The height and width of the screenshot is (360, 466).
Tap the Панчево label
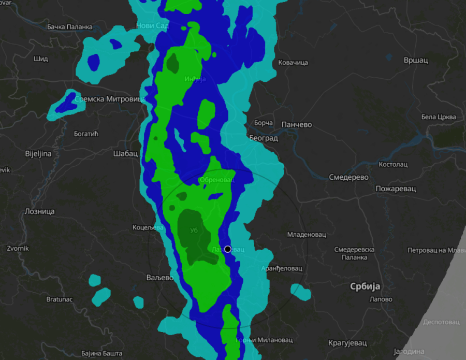pyautogui.click(x=296, y=125)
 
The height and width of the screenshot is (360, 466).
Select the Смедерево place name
pyautogui.click(x=348, y=177)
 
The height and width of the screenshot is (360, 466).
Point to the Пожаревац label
pyautogui.click(x=396, y=189)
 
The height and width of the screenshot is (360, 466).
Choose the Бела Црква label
pyautogui.click(x=439, y=117)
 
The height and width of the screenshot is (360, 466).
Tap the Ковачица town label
pyautogui.click(x=293, y=63)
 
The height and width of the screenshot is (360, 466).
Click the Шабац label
pyautogui.click(x=125, y=153)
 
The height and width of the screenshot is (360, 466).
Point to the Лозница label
pyautogui.click(x=39, y=211)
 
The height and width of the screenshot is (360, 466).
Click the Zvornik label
pyautogui.click(x=18, y=248)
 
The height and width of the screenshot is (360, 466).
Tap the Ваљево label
pyautogui.click(x=159, y=278)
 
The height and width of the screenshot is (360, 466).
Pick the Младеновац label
pyautogui.click(x=307, y=235)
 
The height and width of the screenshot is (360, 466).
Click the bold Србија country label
pyautogui.click(x=365, y=286)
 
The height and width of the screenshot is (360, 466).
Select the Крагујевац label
pyautogui.click(x=347, y=343)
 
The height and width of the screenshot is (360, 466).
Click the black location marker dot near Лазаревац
pyautogui.click(x=227, y=249)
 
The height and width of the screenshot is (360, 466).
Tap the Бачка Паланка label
pyautogui.click(x=69, y=26)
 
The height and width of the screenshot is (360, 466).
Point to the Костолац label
pyautogui.click(x=394, y=164)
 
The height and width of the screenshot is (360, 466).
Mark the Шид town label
pyautogui.click(x=40, y=59)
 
